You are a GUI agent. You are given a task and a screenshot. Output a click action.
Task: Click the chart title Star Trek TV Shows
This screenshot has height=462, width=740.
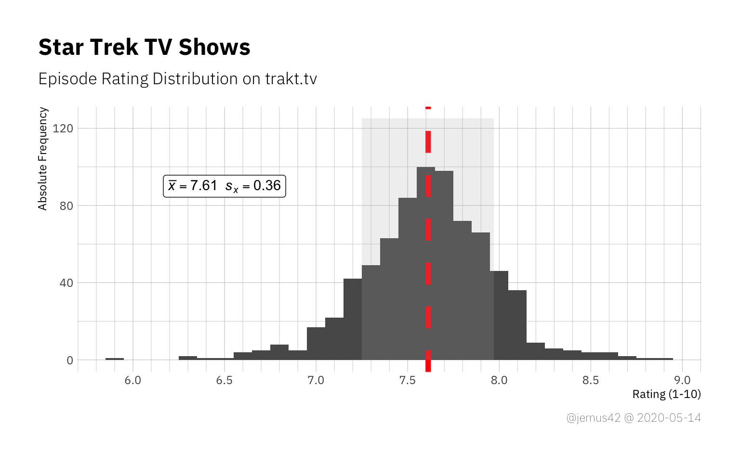(x=144, y=47)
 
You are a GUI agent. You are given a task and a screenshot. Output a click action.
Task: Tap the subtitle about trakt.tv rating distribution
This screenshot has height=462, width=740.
(x=177, y=79)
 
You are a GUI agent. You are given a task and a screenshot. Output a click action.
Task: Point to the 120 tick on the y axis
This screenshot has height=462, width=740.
(x=63, y=128)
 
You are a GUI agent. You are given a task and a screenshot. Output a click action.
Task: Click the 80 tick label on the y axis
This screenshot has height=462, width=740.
(x=66, y=206)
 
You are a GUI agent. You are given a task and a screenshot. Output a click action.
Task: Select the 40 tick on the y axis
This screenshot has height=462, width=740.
(x=66, y=283)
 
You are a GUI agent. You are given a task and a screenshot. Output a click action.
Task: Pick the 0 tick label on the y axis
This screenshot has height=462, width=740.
(x=70, y=360)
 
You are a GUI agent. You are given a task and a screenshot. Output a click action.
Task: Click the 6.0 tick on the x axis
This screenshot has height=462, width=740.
(x=133, y=380)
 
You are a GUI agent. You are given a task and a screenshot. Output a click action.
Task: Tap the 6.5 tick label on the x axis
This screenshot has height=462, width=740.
(x=225, y=380)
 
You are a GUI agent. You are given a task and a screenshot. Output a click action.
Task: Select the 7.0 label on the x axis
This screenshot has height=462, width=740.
(x=316, y=380)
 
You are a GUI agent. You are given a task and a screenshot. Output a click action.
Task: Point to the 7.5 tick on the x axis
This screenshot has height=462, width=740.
(x=408, y=380)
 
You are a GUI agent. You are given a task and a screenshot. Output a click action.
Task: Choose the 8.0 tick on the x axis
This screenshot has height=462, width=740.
(x=499, y=380)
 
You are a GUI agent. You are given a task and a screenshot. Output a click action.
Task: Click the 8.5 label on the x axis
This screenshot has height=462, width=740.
(x=591, y=380)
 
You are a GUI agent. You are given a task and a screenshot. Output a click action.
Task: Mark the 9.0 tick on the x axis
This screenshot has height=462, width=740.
(x=682, y=380)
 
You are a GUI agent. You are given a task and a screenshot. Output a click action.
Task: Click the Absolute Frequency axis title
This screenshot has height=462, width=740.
(x=43, y=159)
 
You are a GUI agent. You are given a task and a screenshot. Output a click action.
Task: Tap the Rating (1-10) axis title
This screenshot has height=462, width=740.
(x=666, y=394)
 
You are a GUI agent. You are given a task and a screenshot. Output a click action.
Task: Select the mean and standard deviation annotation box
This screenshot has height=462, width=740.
(x=225, y=186)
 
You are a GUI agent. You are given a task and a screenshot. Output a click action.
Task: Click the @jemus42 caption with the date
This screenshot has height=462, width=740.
(x=634, y=418)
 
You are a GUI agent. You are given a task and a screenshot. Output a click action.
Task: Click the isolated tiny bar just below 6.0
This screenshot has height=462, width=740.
(x=115, y=359)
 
